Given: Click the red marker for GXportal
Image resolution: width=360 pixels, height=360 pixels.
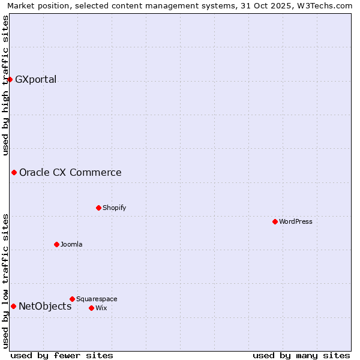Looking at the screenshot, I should point(10,79).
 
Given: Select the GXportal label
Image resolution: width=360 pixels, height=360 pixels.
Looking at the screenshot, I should point(35,79).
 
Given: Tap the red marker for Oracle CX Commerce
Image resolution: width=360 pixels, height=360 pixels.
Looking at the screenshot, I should point(14,173).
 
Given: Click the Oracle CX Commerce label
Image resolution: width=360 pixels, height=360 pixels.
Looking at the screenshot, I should point(70,173).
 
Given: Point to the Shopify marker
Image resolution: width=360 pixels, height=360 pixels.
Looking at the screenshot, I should point(98,208).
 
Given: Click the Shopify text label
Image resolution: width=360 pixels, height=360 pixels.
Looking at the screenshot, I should point(114,208).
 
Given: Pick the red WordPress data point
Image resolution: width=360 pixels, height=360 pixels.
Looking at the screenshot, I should point(275,222).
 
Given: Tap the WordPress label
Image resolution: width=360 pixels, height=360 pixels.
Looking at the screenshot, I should point(295,222).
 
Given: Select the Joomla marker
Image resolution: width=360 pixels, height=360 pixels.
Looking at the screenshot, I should point(56,245).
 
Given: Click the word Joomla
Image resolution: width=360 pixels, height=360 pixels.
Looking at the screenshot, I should point(71,245).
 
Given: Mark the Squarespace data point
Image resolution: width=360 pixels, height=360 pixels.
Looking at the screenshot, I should point(72,299).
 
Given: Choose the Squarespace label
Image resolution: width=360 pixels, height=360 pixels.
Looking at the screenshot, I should point(97,299).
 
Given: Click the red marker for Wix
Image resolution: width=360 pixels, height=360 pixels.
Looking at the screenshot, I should point(91,308).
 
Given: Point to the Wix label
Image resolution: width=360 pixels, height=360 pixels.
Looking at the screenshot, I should point(101,308).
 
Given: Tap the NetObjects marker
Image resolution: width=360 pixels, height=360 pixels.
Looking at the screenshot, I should point(13,307).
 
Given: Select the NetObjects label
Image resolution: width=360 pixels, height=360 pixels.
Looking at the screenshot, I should point(45,307).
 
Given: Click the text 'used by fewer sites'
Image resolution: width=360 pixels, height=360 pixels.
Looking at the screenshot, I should point(62,355).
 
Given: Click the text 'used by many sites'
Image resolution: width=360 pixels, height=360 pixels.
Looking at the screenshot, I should point(301,355).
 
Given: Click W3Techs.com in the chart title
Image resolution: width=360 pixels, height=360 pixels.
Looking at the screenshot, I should point(327,6).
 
